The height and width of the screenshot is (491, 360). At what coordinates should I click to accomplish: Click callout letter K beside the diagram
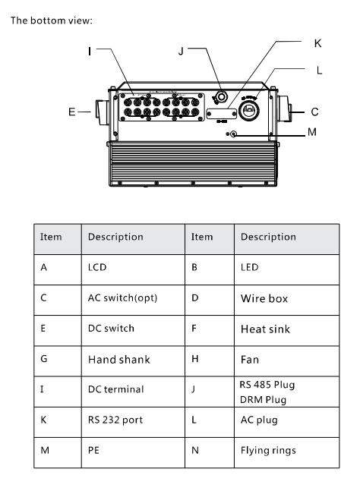317,43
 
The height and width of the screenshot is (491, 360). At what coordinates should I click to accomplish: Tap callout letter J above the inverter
181,51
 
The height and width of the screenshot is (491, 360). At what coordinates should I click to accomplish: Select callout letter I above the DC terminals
90,51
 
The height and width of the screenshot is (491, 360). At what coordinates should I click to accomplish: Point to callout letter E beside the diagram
71,112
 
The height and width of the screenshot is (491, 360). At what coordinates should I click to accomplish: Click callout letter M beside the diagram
311,132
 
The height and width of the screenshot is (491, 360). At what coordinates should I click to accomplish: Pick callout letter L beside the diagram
319,70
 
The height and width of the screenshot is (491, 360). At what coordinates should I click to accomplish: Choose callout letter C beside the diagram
314,112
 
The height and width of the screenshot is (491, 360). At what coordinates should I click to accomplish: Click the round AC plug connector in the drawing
249,110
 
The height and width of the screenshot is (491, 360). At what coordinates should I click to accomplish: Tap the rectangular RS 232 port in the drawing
222,113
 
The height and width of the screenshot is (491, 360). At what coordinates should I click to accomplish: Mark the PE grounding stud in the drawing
233,134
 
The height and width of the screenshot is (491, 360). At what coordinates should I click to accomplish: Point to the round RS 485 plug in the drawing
221,97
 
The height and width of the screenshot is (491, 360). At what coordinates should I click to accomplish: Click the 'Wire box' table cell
286,300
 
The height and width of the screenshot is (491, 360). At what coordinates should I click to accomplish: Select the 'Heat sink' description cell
286,330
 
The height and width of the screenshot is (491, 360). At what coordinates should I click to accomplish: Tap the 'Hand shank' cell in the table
133,361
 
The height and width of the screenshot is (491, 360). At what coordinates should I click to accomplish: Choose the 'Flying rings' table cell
286,453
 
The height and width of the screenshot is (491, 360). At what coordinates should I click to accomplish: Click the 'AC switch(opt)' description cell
133,300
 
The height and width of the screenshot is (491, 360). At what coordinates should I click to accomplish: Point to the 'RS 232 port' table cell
133,422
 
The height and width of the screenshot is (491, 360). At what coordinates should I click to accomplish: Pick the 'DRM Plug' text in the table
264,400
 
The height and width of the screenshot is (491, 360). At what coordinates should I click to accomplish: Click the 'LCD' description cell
133,269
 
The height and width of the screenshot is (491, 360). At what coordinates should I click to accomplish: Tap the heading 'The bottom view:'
52,20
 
